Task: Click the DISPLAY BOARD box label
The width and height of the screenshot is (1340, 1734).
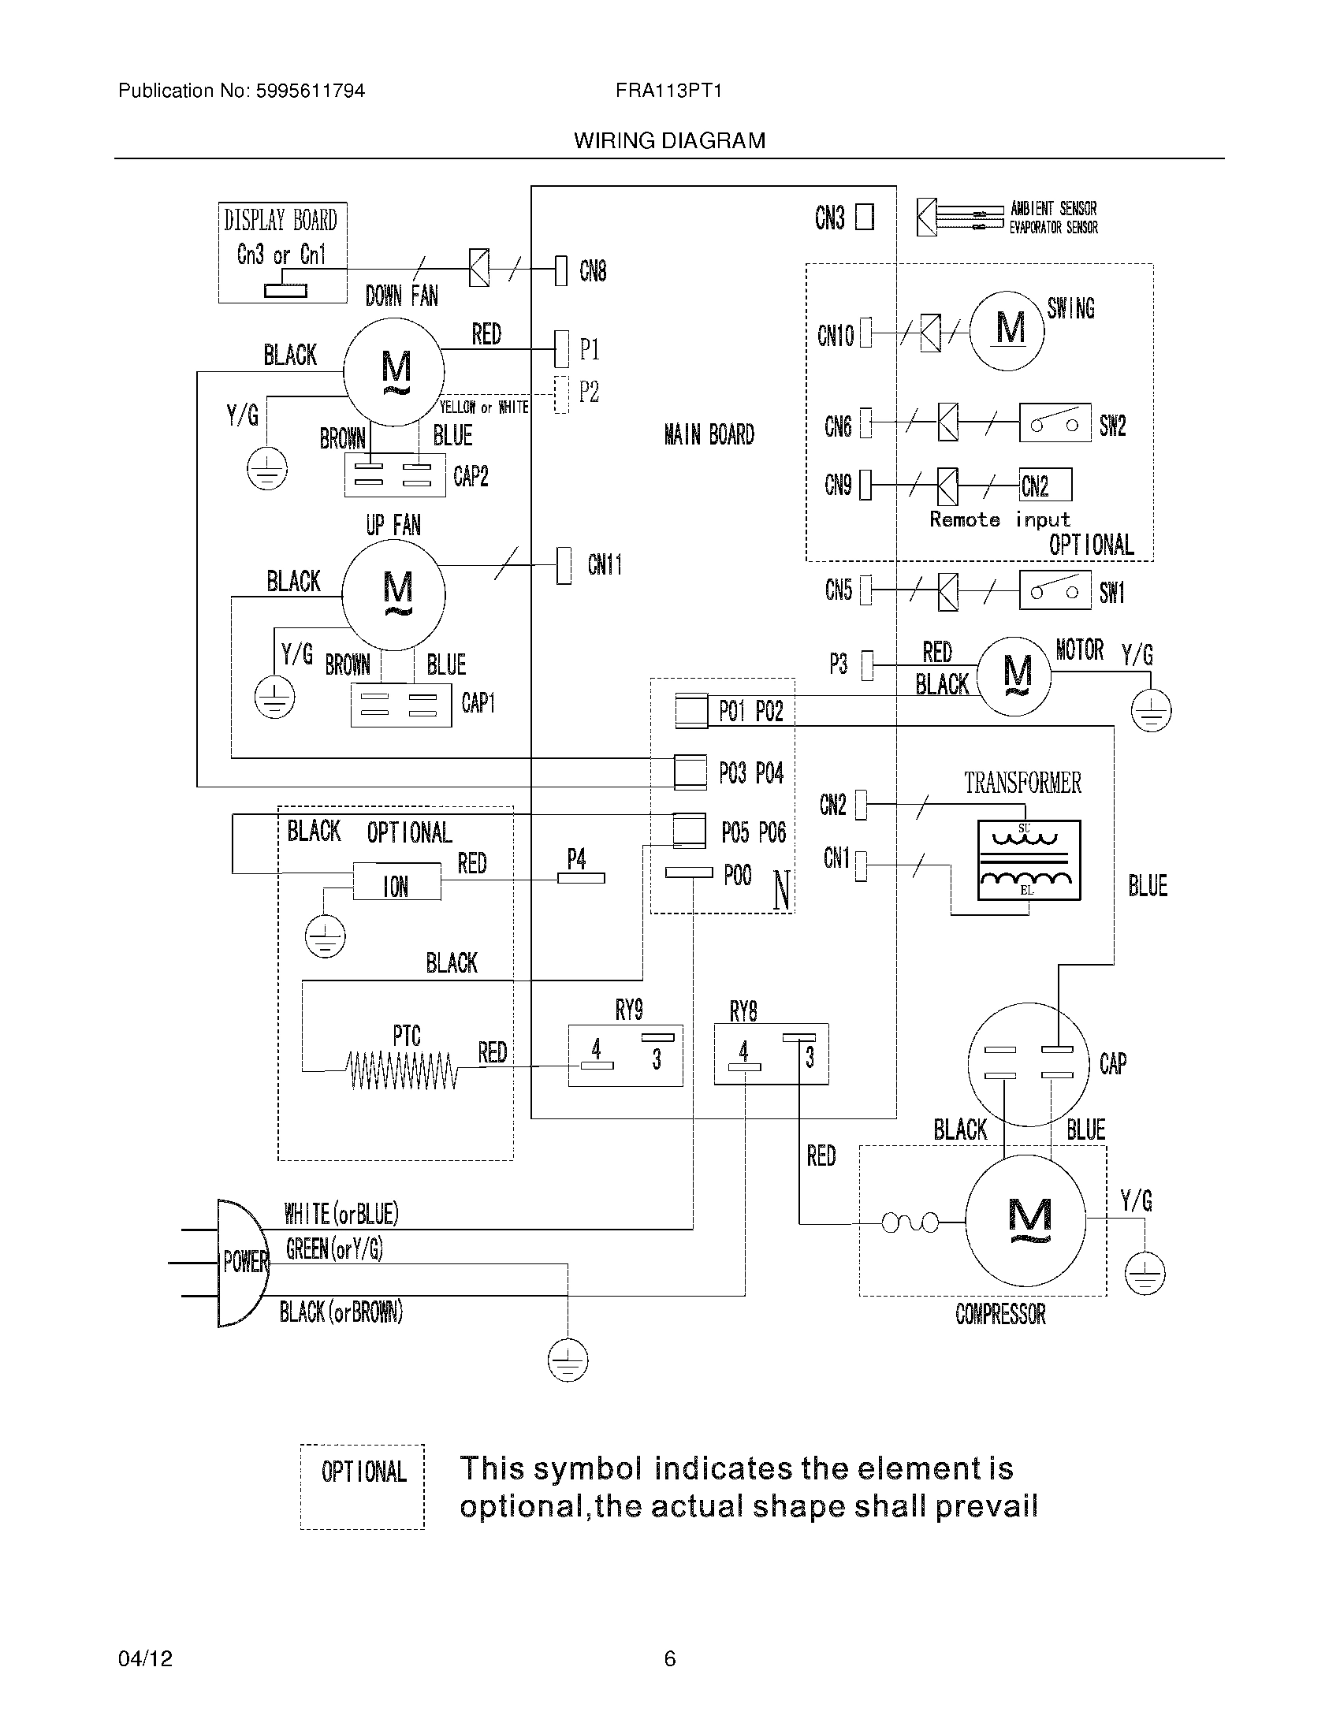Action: [281, 220]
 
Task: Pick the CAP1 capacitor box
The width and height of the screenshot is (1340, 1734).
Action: [401, 703]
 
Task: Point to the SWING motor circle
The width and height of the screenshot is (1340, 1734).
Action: [1007, 330]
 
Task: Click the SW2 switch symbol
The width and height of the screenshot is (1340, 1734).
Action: [1054, 424]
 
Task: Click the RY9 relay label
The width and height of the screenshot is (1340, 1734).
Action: [629, 1010]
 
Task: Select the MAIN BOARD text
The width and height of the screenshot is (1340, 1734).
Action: [709, 435]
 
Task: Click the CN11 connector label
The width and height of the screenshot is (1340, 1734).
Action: [604, 565]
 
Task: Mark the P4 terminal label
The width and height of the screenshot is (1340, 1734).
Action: [576, 858]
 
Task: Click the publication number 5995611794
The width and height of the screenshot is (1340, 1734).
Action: [310, 91]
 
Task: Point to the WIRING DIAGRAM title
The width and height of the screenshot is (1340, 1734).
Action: [669, 141]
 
